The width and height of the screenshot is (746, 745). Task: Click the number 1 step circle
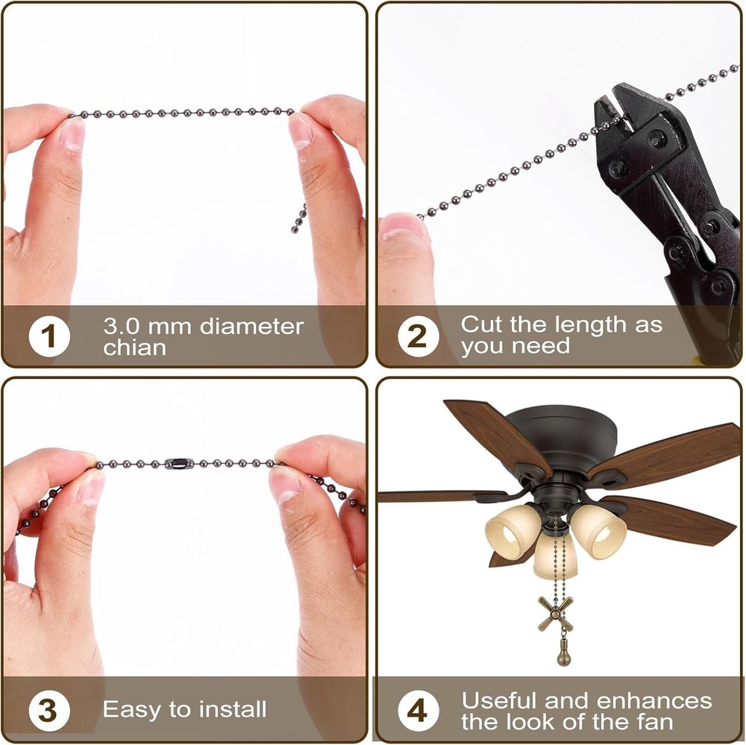point(48,336)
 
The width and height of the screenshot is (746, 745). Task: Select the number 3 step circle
point(48,710)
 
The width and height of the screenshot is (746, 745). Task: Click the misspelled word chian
point(134,348)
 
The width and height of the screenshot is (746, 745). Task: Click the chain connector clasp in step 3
point(178,464)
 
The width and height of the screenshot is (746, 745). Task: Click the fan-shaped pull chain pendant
point(557,613)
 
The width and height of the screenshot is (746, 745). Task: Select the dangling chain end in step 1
point(298,219)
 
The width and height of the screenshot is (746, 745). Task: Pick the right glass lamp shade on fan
point(599,531)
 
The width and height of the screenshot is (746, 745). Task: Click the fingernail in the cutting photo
point(403,226)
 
